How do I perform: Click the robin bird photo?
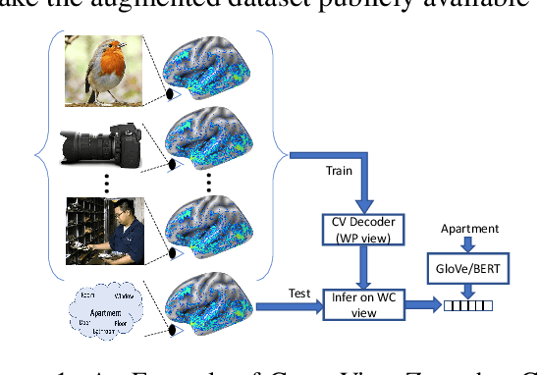(104, 68)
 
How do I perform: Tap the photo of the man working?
(105, 229)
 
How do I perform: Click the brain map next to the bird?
(212, 67)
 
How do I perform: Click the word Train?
(339, 171)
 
